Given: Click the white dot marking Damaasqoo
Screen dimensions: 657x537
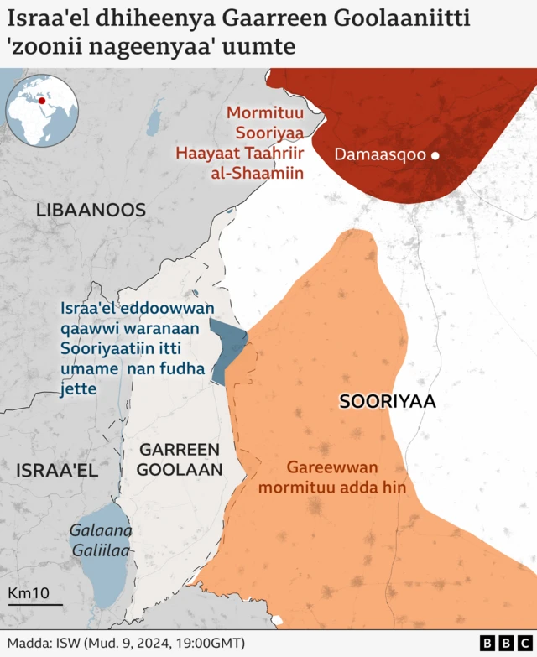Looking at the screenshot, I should [x=435, y=155].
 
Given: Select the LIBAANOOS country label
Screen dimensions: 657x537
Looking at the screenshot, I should [x=91, y=211].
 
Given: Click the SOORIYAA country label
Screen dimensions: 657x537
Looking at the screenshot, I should [x=388, y=401].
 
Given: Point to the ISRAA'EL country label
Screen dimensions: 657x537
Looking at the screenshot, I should [x=57, y=471].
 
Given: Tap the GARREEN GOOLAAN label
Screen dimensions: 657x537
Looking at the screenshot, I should [x=179, y=459].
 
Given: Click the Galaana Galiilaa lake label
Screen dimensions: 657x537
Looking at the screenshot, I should [x=100, y=540].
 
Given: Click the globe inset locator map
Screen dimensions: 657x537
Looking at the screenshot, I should [x=41, y=112].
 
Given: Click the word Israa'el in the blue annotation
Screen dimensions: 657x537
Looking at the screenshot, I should [x=90, y=309].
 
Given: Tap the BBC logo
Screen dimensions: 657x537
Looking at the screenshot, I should [x=498, y=643].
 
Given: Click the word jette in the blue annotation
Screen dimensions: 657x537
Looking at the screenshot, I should [x=77, y=388].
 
